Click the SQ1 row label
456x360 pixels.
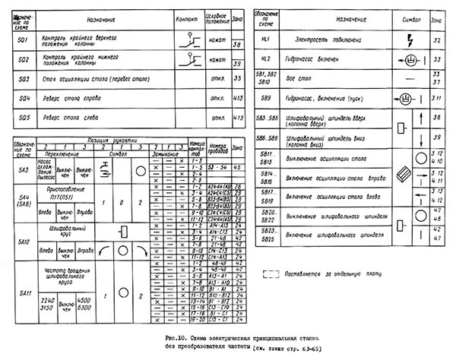tap(22, 39)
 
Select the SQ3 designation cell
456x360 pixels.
tap(22, 78)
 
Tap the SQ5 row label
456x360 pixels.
tap(22, 118)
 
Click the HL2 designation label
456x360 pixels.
tap(266, 58)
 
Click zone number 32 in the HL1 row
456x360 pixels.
tap(437, 39)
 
